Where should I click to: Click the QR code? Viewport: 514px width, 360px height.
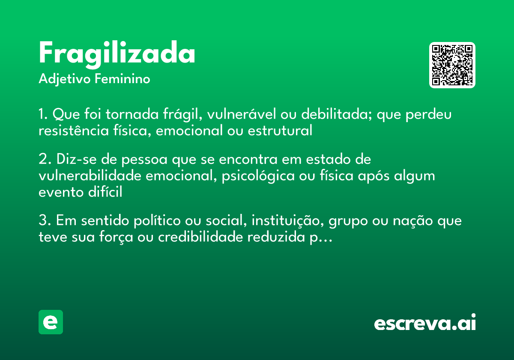452,65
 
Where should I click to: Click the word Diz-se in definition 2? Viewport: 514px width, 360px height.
71,159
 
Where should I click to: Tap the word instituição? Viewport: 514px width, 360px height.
284,221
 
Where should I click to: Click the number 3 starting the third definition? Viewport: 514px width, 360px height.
42,221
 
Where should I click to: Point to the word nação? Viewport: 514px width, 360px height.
411,221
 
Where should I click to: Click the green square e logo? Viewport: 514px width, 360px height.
51,322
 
